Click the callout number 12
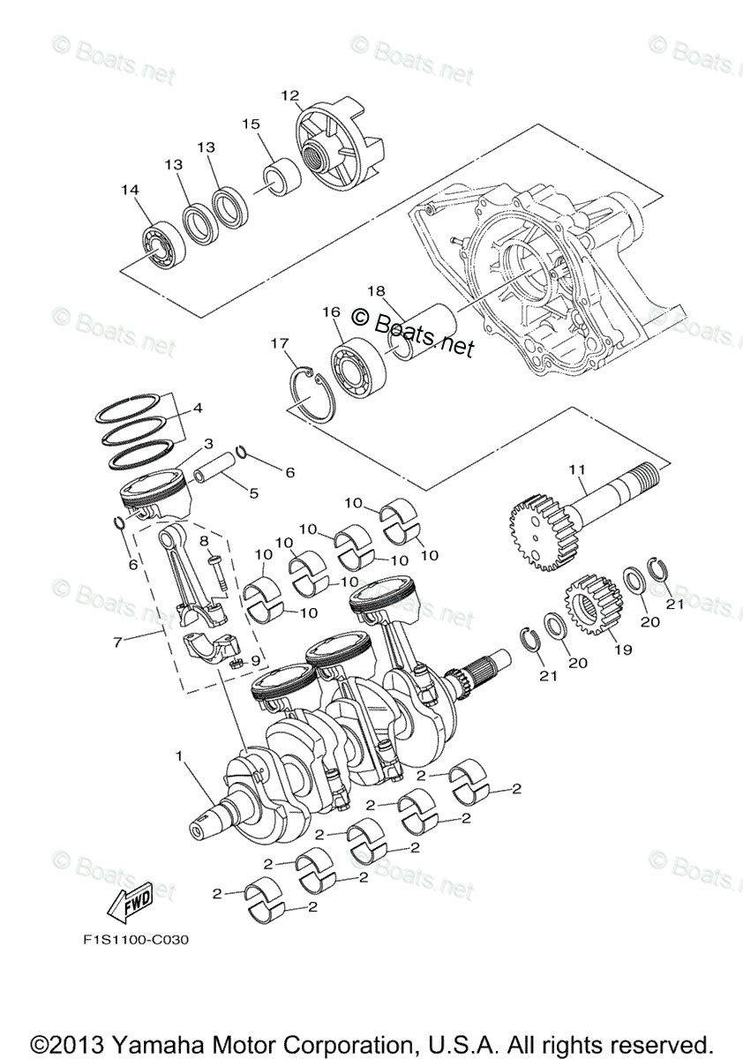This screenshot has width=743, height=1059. (290, 95)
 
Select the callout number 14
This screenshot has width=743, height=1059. (131, 190)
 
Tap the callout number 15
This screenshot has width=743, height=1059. (251, 124)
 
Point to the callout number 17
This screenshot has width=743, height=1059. (280, 342)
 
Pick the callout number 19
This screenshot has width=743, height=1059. (623, 650)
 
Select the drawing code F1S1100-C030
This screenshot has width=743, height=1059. (131, 940)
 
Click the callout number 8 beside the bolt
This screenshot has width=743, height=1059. (203, 540)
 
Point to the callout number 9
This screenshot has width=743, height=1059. (256, 659)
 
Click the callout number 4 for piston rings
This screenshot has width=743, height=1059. (197, 409)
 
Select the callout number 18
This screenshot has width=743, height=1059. (376, 290)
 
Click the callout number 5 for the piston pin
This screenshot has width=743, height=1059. (253, 493)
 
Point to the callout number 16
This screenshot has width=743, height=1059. (332, 312)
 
